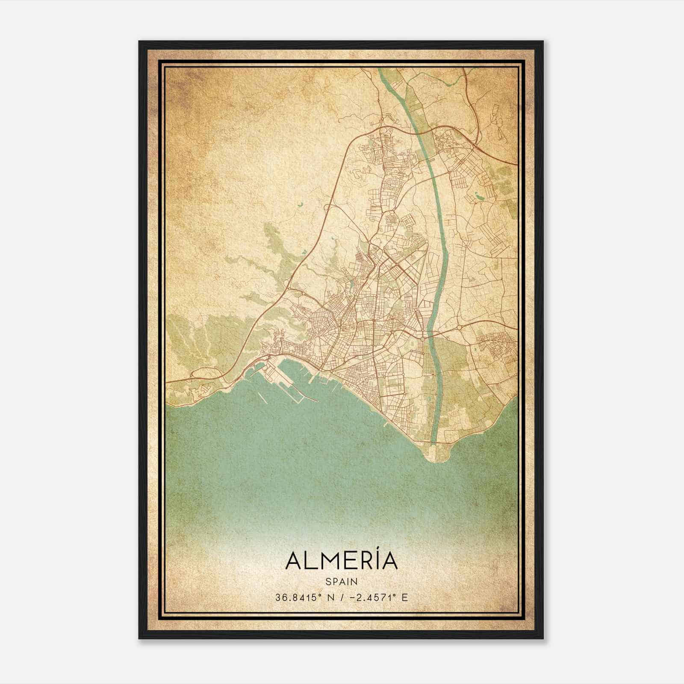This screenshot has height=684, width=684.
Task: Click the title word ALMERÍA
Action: click(x=341, y=561)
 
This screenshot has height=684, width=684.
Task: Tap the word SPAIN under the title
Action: click(x=341, y=582)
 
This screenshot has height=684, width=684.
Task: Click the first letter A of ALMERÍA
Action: click(x=294, y=561)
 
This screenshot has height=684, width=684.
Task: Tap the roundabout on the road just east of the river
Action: click(x=459, y=327)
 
